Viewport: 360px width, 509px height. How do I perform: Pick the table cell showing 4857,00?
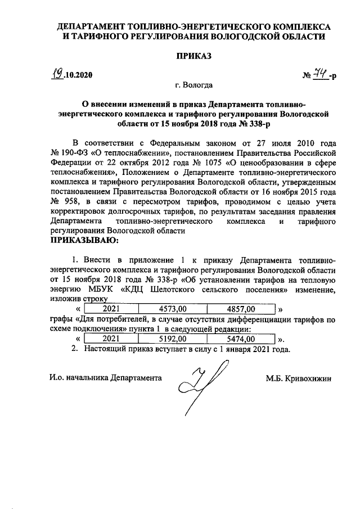pyautogui.click(x=241, y=309)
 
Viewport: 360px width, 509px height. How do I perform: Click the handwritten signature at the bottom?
pyautogui.click(x=201, y=388)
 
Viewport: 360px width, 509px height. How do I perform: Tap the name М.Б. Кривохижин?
pyautogui.click(x=299, y=378)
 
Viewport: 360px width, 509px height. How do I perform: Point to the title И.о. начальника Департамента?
pyautogui.click(x=105, y=378)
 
